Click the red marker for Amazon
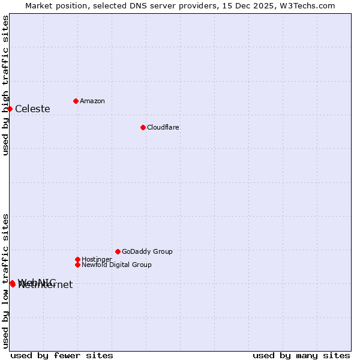pos(76,101)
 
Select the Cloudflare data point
pos(143,127)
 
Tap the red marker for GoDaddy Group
pos(118,251)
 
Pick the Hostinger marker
pos(77,259)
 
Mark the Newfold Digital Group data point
pos(77,265)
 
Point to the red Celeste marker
pos(10,109)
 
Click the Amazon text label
pos(92,101)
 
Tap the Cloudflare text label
pos(163,127)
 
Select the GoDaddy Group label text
pos(147,251)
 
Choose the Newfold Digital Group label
pos(116,265)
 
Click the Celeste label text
pos(32,109)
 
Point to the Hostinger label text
pos(97,259)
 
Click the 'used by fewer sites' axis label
pos(62,355)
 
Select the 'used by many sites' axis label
pos(301,355)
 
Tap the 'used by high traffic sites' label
pos(6,85)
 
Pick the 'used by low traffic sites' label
pos(6,280)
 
